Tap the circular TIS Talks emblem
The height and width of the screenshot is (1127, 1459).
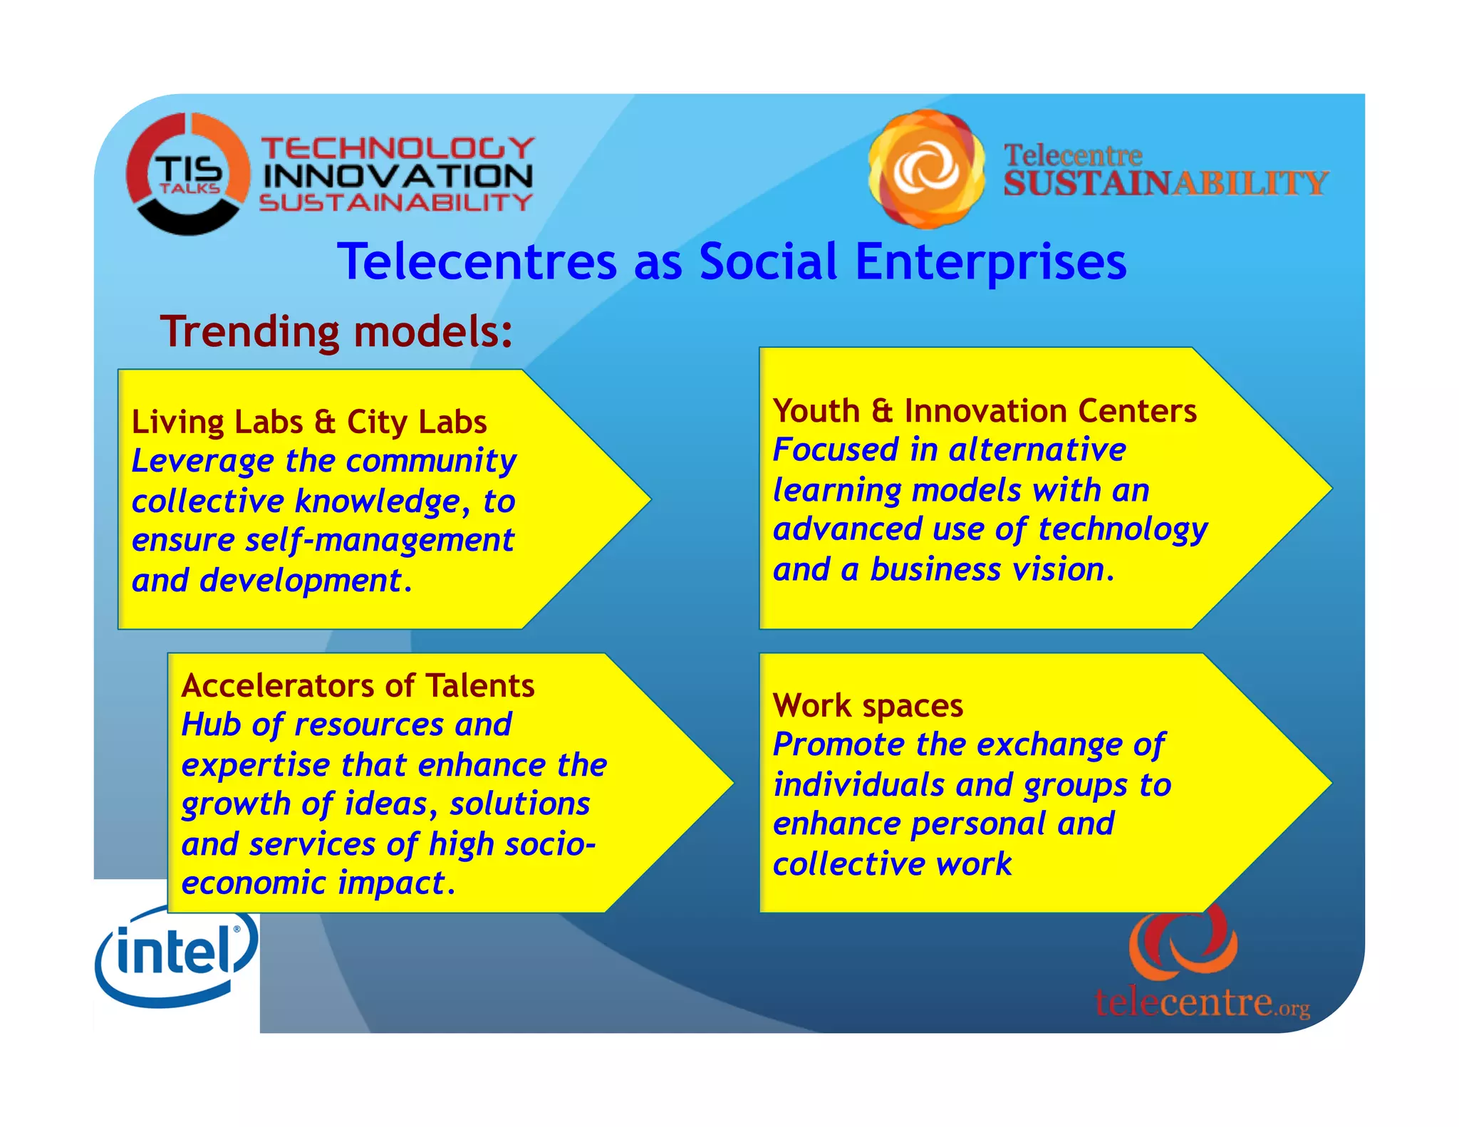188,174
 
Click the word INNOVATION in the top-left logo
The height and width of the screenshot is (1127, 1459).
398,176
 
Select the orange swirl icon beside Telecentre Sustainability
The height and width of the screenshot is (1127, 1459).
926,169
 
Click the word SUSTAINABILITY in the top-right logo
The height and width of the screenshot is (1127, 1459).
1165,184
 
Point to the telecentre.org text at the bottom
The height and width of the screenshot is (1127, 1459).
1202,1002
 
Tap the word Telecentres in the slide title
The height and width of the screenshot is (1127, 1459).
477,261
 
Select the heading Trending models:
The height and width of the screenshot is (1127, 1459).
336,332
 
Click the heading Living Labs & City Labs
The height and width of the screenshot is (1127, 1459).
309,422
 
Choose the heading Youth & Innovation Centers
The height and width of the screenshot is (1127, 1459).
985,411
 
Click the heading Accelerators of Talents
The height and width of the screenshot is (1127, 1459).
358,685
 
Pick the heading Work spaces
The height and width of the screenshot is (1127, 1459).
868,705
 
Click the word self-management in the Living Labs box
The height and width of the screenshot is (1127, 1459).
379,541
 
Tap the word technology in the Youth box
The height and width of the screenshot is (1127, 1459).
1123,530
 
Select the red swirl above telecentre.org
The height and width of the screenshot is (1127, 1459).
1183,942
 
